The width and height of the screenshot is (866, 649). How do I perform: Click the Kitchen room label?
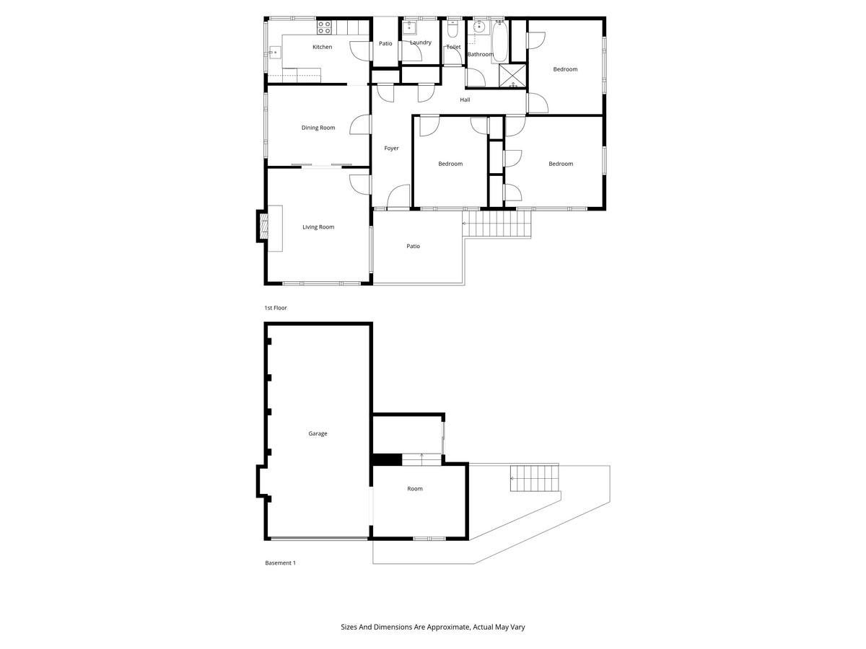(x=322, y=47)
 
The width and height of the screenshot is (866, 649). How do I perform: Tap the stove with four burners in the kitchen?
(x=324, y=27)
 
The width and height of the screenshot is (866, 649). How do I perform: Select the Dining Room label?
(x=318, y=128)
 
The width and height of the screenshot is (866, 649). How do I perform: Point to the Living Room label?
(x=318, y=227)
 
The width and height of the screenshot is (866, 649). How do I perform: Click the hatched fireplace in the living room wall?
(x=264, y=226)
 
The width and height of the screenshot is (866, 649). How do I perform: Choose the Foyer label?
(x=391, y=148)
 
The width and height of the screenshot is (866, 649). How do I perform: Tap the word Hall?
(x=465, y=100)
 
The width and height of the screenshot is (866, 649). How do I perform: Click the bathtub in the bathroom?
(x=499, y=41)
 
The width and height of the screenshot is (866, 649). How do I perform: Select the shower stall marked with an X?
(x=512, y=76)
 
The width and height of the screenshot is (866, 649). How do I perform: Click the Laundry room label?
(x=421, y=43)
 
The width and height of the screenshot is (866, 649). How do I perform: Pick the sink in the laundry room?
(x=409, y=27)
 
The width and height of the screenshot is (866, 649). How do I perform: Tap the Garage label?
(x=318, y=433)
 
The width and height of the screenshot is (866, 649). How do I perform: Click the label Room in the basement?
(x=415, y=489)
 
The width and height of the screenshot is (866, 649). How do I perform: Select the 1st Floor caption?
(x=276, y=308)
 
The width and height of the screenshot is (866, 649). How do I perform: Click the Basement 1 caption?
(x=280, y=562)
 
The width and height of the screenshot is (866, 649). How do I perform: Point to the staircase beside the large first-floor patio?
(x=497, y=224)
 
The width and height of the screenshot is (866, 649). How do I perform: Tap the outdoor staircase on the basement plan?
(x=535, y=478)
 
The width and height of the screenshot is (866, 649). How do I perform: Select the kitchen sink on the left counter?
(x=275, y=52)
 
